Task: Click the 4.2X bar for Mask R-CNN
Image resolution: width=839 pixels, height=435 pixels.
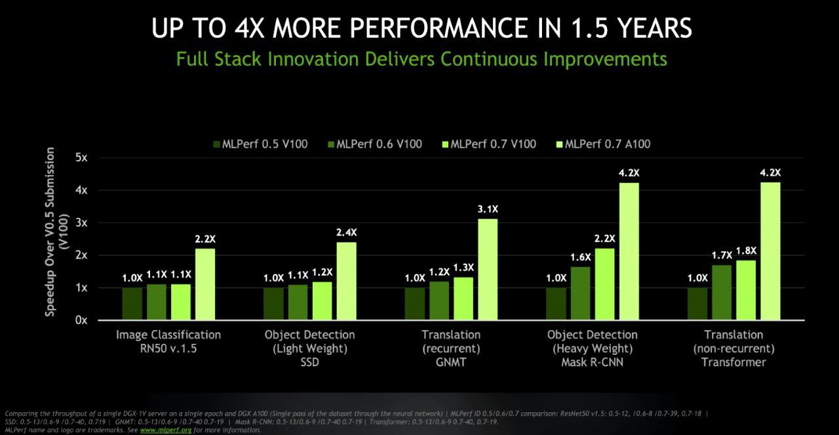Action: [x=629, y=251]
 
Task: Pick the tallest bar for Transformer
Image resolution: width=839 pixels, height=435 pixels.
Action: [x=770, y=251]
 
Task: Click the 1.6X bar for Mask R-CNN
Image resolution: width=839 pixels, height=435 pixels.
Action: [x=580, y=293]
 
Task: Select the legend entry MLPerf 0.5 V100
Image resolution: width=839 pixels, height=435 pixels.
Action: [x=260, y=144]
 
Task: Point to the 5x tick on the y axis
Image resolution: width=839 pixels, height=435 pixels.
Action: [x=81, y=157]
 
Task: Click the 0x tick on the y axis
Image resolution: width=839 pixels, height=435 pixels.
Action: [x=81, y=320]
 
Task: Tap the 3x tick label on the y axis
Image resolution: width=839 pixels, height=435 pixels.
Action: [x=81, y=222]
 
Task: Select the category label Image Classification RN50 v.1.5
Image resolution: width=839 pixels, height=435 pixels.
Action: [x=168, y=341]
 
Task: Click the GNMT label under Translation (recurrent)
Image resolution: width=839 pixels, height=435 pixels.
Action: [x=450, y=362]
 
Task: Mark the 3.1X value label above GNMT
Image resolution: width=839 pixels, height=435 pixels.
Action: [x=487, y=209]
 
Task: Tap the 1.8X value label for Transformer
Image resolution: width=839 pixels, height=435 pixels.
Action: [x=745, y=250]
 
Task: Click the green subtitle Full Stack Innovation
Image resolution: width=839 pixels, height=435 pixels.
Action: [x=421, y=58]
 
